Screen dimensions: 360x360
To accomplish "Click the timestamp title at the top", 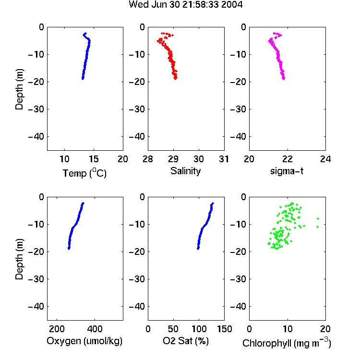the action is (185, 4).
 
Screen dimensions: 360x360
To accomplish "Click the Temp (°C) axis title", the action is (84, 173).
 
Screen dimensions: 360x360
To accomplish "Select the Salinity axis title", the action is (185, 171).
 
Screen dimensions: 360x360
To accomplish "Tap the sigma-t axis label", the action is (287, 171).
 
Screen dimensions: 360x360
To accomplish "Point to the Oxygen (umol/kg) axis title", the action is (84, 341).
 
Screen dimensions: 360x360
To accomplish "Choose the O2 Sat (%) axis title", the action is (185, 341).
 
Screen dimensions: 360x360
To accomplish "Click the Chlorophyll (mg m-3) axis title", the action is (287, 343).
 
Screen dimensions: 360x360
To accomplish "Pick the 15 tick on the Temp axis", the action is (94, 159).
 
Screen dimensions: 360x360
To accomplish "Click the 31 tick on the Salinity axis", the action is (224, 159).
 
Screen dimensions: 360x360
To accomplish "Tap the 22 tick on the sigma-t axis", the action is (287, 159).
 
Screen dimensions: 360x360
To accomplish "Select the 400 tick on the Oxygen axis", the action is (95, 329).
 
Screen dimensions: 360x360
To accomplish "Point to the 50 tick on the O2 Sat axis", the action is (173, 329).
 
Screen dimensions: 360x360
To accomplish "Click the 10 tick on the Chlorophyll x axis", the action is (287, 329).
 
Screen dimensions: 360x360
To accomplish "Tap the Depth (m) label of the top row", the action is (19, 89).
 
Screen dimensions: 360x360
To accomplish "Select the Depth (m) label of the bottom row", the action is (19, 259).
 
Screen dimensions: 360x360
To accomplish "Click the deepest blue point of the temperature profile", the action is (83, 79).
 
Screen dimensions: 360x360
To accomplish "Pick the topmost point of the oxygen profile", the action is (83, 203).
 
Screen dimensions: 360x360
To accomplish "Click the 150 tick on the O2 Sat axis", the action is (224, 329).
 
